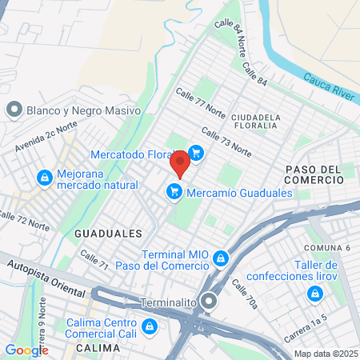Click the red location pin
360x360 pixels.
180,162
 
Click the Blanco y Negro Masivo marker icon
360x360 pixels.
14,110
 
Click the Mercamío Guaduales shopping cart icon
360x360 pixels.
173,192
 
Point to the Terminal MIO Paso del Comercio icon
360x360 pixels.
220,258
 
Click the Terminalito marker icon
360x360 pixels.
209,302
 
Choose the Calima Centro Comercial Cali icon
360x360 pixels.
150,326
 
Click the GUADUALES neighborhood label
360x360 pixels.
107,233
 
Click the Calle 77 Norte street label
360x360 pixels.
202,104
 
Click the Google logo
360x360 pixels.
26,350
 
